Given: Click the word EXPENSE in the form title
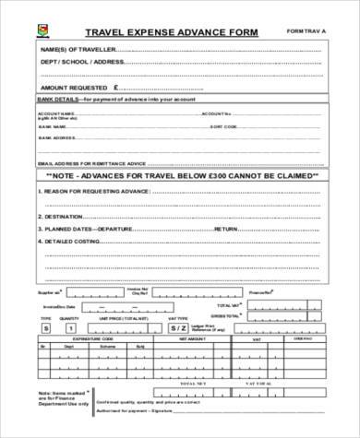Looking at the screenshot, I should coord(139,29).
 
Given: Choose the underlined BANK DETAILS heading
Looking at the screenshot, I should coord(54,97).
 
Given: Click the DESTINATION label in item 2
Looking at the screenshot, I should coord(65,215).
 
